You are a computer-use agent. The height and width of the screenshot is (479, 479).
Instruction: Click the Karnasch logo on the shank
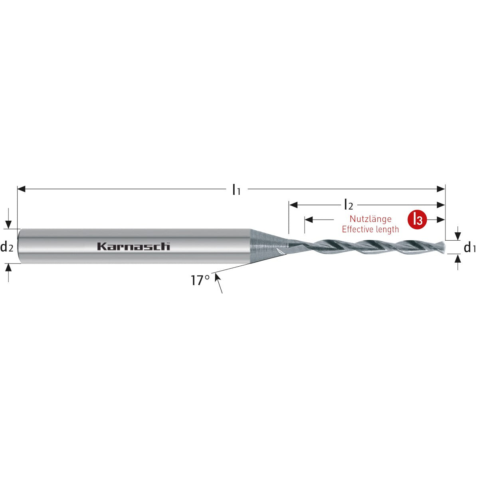pos(133,246)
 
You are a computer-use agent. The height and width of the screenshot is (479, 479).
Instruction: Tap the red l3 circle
pos(417,220)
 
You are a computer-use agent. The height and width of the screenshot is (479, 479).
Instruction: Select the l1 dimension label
pos(236,190)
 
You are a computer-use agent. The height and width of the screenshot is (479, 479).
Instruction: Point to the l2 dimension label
pos(348,205)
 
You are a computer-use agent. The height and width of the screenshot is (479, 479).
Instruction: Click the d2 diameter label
pos(7,247)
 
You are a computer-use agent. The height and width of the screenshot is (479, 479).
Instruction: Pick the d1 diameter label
pos(470,247)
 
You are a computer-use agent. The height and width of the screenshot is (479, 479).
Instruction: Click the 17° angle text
pos(200,280)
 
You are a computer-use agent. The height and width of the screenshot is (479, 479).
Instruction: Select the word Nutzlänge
pos(370,219)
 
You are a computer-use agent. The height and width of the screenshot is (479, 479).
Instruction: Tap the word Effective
pos(358,229)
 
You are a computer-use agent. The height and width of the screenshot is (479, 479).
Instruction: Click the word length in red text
pos(387,230)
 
